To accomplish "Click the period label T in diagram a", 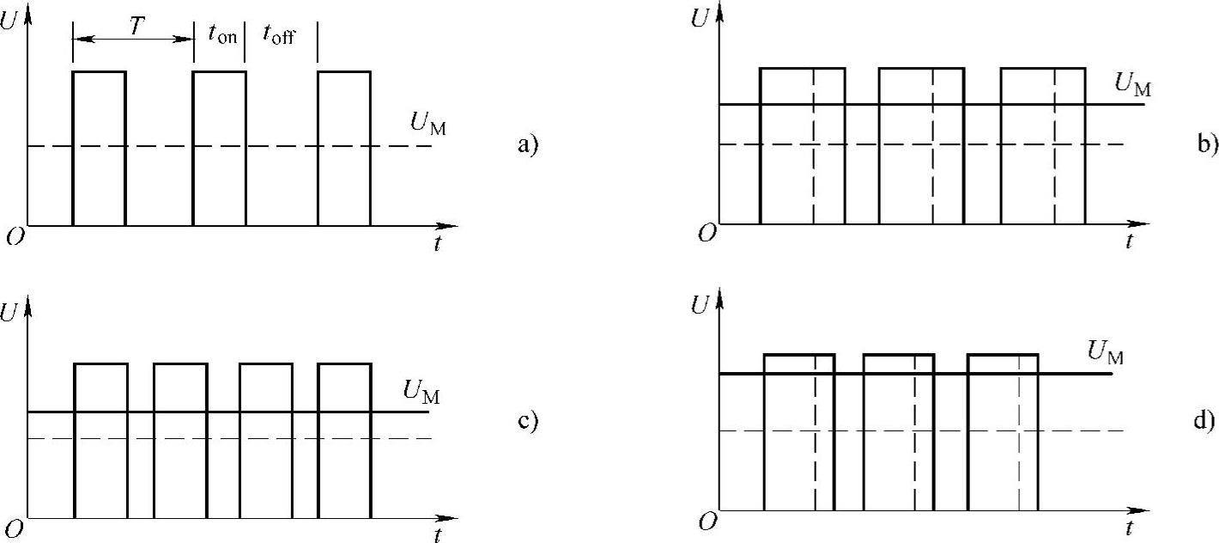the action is click(x=136, y=27).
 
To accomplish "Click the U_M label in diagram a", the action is click(x=428, y=124).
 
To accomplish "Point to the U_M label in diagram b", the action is click(x=1132, y=84).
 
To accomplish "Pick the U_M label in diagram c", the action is click(x=421, y=391).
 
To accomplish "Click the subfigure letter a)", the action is click(x=525, y=145).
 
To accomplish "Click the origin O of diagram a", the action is click(x=14, y=236).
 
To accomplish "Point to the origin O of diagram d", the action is click(x=706, y=521).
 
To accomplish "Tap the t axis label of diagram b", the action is click(x=1130, y=241).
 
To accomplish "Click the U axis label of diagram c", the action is click(x=10, y=313).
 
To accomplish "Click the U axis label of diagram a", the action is click(x=10, y=21).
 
